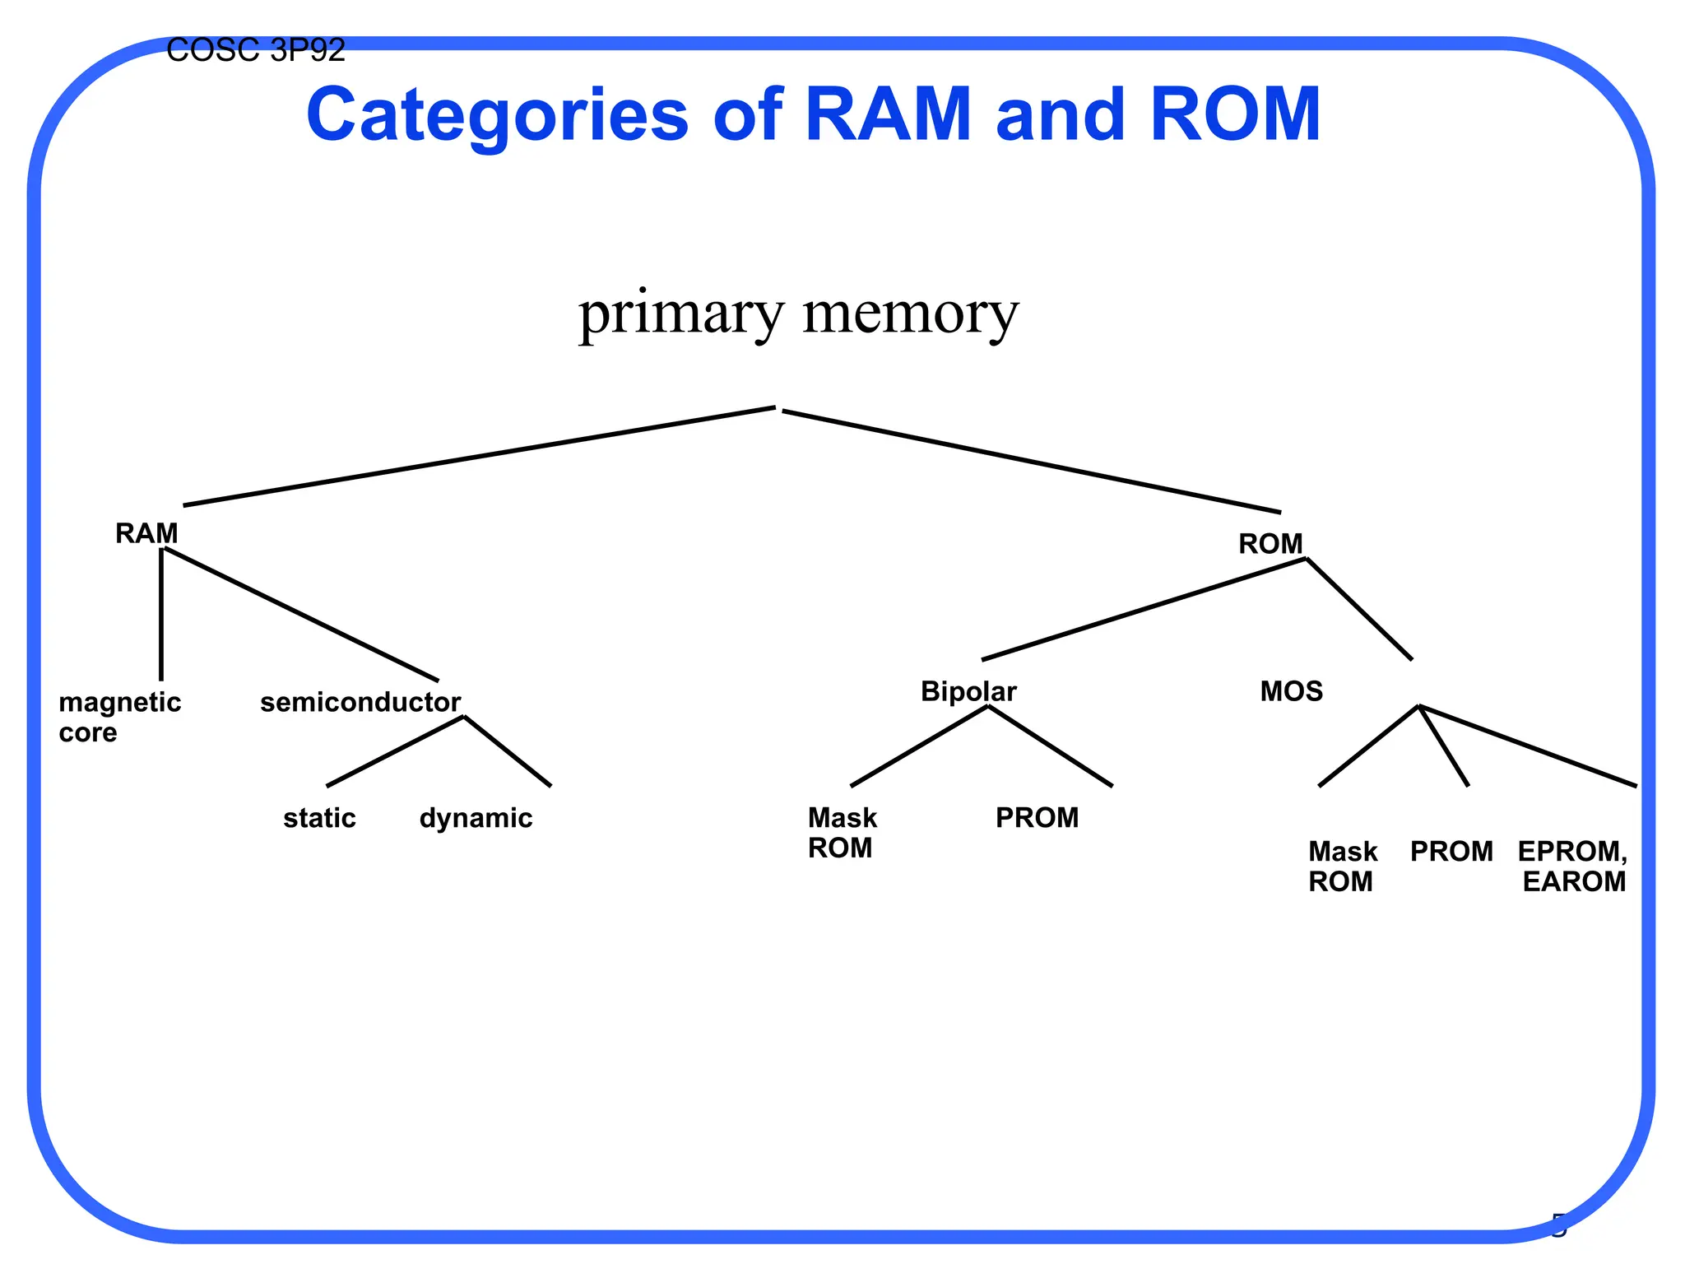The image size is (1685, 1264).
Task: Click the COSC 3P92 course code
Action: (x=255, y=51)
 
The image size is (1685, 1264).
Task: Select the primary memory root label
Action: (x=798, y=314)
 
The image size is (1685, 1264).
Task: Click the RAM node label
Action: (x=146, y=533)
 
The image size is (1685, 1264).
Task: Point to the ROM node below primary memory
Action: (x=1270, y=544)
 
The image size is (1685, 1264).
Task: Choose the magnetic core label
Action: (x=119, y=717)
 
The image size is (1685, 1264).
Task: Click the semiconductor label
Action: (x=360, y=702)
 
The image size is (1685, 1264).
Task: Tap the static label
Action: (x=319, y=818)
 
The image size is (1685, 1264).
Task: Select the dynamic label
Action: (x=476, y=818)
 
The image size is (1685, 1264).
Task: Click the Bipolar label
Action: (x=968, y=691)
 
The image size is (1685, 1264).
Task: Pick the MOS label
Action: (x=1291, y=691)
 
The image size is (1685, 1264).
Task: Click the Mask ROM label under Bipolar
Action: (x=842, y=832)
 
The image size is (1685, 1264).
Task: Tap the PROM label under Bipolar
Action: (x=1037, y=818)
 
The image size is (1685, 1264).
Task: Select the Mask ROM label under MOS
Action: (x=1342, y=866)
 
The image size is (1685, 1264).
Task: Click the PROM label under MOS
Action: (x=1451, y=852)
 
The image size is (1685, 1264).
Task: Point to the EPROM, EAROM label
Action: (x=1572, y=866)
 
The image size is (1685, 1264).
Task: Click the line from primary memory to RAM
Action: (x=479, y=457)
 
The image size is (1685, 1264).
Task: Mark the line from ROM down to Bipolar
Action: (x=1144, y=609)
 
